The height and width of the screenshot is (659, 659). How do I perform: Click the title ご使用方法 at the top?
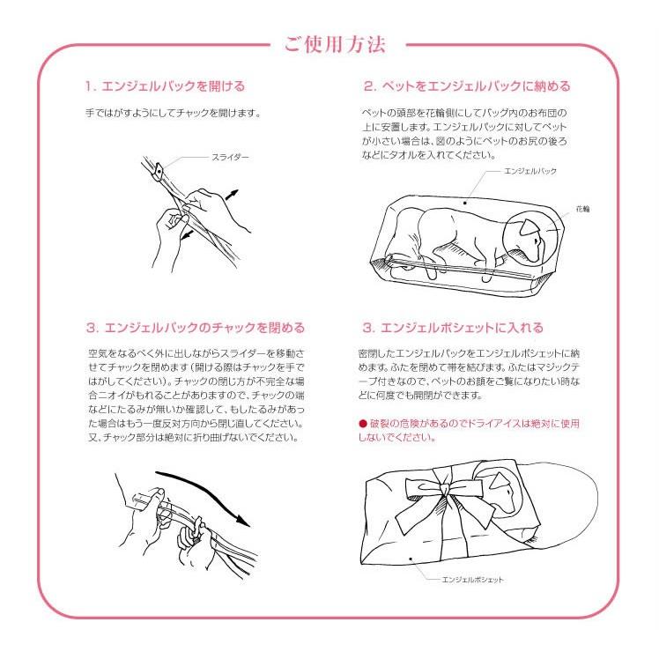334,45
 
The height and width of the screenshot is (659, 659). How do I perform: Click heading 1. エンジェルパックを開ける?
165,86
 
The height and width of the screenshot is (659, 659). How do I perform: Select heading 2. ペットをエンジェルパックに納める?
467,86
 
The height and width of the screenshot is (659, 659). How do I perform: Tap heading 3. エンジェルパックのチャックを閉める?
196,327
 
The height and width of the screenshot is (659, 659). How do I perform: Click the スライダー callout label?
230,156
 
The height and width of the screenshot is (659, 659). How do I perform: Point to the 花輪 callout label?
582,210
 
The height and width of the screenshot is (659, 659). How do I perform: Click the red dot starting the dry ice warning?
361,424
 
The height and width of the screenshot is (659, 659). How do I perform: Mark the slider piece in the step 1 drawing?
161,169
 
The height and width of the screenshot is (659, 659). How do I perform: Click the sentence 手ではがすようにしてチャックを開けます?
173,114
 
